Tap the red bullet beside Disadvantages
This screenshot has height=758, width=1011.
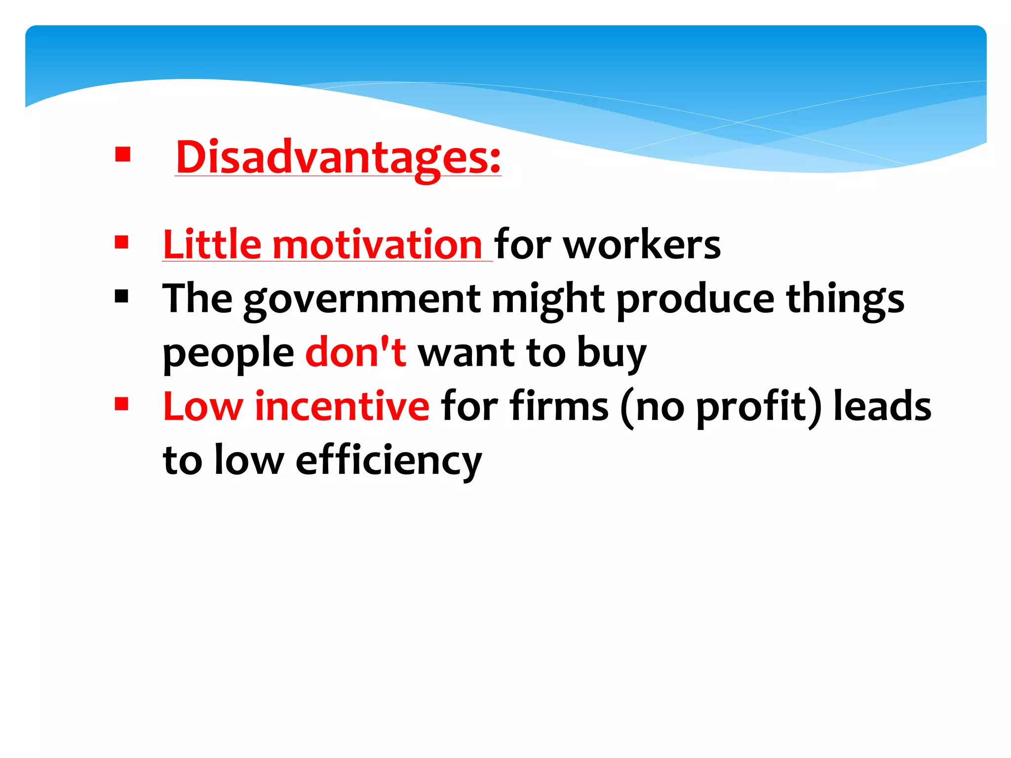click(x=122, y=154)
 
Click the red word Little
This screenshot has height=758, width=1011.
click(x=212, y=245)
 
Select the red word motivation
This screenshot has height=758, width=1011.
click(x=377, y=245)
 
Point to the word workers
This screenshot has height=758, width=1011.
click(x=642, y=245)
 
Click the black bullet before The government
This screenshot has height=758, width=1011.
click(x=121, y=296)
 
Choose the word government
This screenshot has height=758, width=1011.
click(x=362, y=299)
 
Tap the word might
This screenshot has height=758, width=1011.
click(x=548, y=299)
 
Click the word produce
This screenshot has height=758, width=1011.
click(x=695, y=299)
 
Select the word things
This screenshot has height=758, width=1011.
click(x=845, y=299)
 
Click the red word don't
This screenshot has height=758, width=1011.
click(x=355, y=351)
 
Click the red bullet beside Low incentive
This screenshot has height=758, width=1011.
click(x=121, y=404)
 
